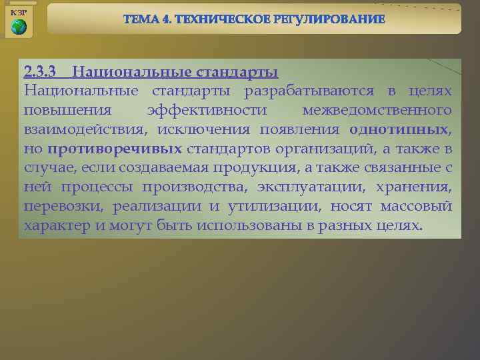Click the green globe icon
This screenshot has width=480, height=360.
19,27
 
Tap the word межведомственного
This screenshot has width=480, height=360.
377,109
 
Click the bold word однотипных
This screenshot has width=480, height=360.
398,129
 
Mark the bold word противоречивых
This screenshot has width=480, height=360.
115,148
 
